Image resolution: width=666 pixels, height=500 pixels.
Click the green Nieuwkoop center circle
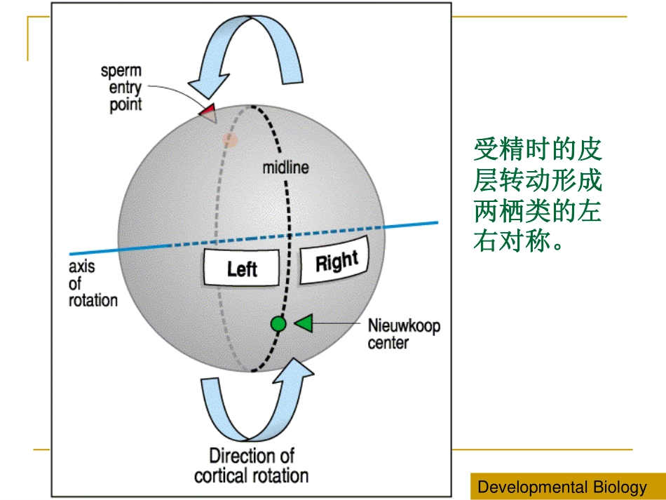click(x=278, y=324)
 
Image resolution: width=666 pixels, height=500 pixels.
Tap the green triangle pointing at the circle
click(x=304, y=324)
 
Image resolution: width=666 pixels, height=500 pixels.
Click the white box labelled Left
click(x=241, y=268)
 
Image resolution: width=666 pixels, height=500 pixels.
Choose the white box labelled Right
click(x=334, y=260)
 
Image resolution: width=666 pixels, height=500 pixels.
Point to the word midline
click(x=285, y=168)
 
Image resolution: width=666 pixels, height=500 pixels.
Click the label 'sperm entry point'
click(x=121, y=88)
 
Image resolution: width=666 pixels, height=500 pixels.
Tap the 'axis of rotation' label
click(x=93, y=283)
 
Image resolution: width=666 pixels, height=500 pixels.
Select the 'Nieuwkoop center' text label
click(x=404, y=334)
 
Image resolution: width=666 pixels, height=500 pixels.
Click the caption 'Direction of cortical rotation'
click(x=252, y=466)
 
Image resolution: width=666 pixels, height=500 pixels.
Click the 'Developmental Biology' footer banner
click(x=568, y=487)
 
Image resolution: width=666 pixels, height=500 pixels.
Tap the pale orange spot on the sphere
click(x=230, y=140)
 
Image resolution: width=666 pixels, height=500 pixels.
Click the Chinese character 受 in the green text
click(x=487, y=149)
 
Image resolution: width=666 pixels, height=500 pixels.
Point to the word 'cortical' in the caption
click(x=222, y=475)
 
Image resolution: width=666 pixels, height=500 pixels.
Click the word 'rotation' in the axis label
click(x=93, y=300)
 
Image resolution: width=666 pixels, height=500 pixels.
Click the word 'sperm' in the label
click(x=121, y=71)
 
